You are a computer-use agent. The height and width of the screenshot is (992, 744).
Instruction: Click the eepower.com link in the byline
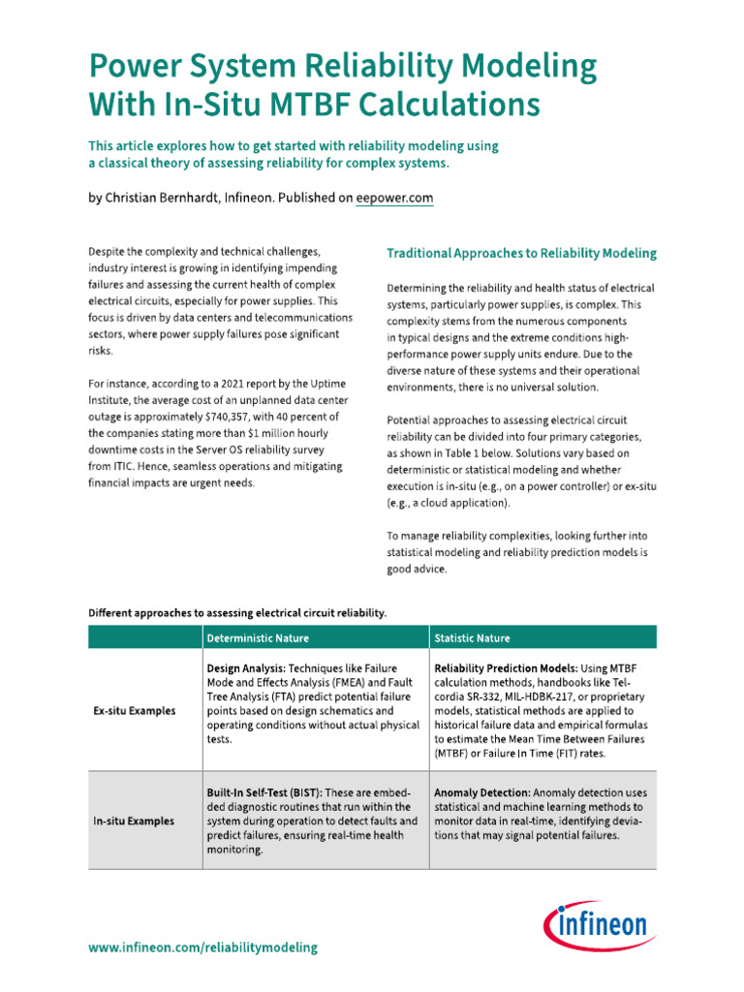pyautogui.click(x=395, y=198)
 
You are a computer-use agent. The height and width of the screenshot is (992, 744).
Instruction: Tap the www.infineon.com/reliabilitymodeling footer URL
pyautogui.click(x=202, y=947)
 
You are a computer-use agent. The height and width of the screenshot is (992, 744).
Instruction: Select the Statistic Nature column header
pyautogui.click(x=472, y=637)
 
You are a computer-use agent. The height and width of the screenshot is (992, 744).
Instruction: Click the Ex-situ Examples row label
pyautogui.click(x=135, y=710)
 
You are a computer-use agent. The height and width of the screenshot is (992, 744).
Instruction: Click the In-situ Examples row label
pyautogui.click(x=134, y=821)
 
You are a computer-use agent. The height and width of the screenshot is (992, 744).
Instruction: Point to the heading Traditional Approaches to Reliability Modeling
pyautogui.click(x=521, y=253)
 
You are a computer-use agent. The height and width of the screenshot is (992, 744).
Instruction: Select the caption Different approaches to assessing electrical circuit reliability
pyautogui.click(x=237, y=612)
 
